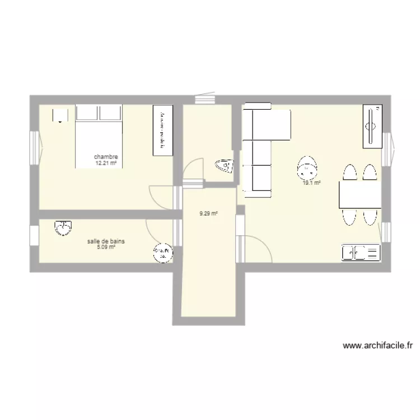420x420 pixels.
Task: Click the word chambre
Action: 106,157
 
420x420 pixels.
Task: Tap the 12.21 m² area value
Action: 106,164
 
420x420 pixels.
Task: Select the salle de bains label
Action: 106,241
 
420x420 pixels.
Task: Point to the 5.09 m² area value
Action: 106,247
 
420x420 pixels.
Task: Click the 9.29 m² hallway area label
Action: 209,213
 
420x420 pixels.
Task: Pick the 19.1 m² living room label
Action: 311,183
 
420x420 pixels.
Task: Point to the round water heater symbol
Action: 162,254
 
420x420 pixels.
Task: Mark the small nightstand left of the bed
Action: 60,115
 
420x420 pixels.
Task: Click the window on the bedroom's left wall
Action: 34,147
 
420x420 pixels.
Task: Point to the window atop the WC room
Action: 205,100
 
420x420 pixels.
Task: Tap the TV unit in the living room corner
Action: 372,127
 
